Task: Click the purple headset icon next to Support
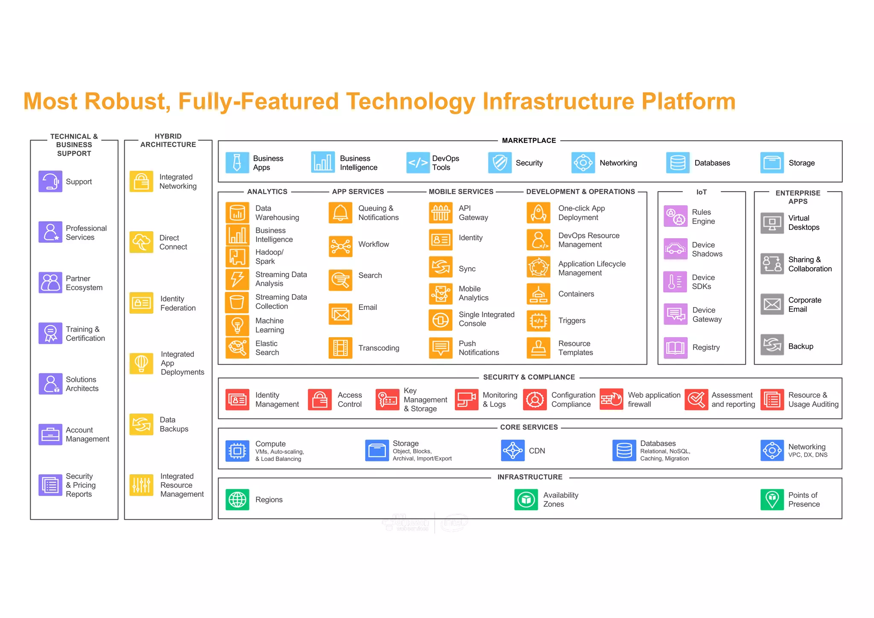pyautogui.click(x=50, y=181)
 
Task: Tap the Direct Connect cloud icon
pyautogui.click(x=141, y=242)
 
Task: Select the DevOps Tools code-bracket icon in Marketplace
pyautogui.click(x=418, y=163)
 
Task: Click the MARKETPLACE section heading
pyautogui.click(x=529, y=140)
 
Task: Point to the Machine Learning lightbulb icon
pyautogui.click(x=237, y=325)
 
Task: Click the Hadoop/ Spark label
pyautogui.click(x=269, y=257)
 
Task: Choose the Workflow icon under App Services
pyautogui.click(x=341, y=246)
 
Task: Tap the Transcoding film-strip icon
pyautogui.click(x=341, y=348)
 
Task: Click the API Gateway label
pyautogui.click(x=473, y=213)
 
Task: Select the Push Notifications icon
pyautogui.click(x=440, y=348)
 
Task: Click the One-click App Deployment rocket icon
pyautogui.click(x=539, y=213)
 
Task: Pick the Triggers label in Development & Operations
pyautogui.click(x=571, y=321)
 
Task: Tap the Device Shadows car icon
pyautogui.click(x=676, y=249)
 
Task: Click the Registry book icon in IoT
pyautogui.click(x=676, y=348)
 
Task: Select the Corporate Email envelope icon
pyautogui.click(x=772, y=304)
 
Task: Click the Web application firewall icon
pyautogui.click(x=611, y=399)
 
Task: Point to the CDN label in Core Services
pyautogui.click(x=537, y=451)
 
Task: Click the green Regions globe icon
pyautogui.click(x=237, y=499)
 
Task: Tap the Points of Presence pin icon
pyautogui.click(x=772, y=499)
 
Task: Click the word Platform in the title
pyautogui.click(x=688, y=102)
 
